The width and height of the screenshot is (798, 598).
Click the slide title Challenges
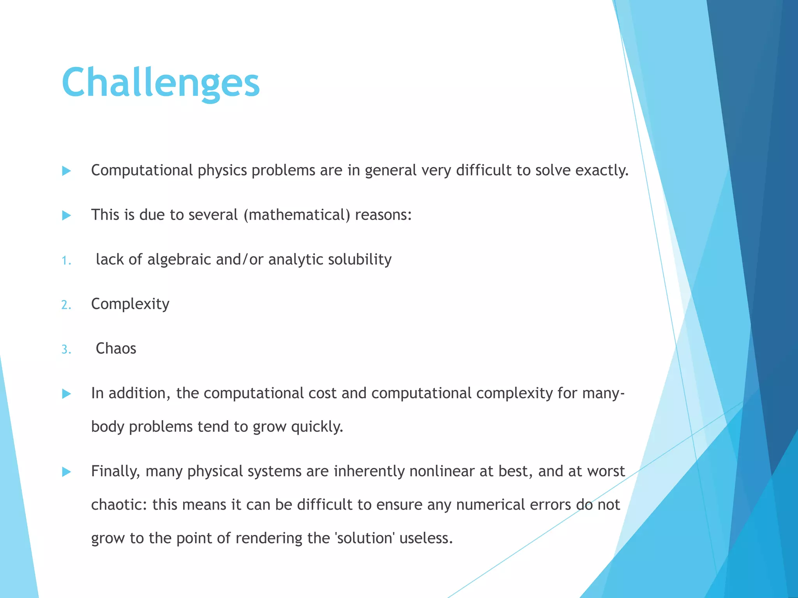(161, 82)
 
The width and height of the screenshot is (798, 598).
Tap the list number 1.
(66, 260)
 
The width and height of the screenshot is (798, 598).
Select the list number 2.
(66, 304)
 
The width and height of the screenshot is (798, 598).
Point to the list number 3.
(66, 349)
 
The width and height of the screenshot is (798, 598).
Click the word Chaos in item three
(116, 348)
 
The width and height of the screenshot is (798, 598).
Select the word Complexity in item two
(130, 304)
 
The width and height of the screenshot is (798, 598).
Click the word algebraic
(179, 259)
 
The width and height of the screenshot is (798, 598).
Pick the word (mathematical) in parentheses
(297, 215)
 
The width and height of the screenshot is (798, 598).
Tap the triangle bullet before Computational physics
(67, 171)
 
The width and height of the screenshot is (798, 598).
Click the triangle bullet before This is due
(67, 215)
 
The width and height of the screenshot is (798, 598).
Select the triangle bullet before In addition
(67, 394)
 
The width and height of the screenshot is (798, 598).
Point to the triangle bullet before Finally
(67, 472)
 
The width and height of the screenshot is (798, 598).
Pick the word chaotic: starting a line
(119, 505)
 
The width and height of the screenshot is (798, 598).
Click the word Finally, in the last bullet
(115, 471)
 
